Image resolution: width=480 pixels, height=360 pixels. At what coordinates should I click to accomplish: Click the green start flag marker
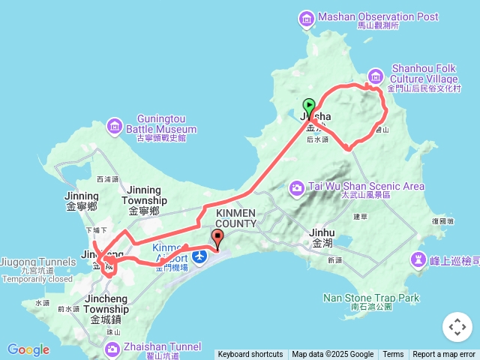[x=309, y=106]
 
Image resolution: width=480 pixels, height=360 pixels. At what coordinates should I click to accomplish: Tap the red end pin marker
[x=217, y=239]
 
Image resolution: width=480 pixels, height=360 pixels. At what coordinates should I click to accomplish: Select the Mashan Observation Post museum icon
[x=306, y=17]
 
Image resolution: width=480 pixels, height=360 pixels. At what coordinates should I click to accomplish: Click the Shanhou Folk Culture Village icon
[x=376, y=75]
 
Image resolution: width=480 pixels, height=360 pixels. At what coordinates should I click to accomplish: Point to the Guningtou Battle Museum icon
[x=114, y=124]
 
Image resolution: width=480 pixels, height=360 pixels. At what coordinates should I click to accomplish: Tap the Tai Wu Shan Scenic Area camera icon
[x=297, y=187]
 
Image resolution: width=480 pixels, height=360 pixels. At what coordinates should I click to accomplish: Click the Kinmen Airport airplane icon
[x=199, y=257]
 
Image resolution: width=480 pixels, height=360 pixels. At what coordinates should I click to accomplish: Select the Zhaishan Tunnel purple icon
[x=112, y=347]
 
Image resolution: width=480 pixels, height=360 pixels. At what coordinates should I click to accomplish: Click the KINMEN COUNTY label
[x=235, y=218]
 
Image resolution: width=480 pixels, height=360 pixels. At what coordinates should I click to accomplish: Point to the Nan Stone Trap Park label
[x=370, y=298]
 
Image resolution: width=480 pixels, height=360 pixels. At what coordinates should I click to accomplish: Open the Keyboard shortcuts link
[x=250, y=355]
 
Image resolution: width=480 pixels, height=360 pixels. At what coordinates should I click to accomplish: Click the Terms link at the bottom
[x=393, y=355]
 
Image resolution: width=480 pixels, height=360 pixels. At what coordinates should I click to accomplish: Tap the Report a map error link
[x=444, y=355]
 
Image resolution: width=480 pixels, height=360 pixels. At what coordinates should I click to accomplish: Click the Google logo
[x=28, y=350]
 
